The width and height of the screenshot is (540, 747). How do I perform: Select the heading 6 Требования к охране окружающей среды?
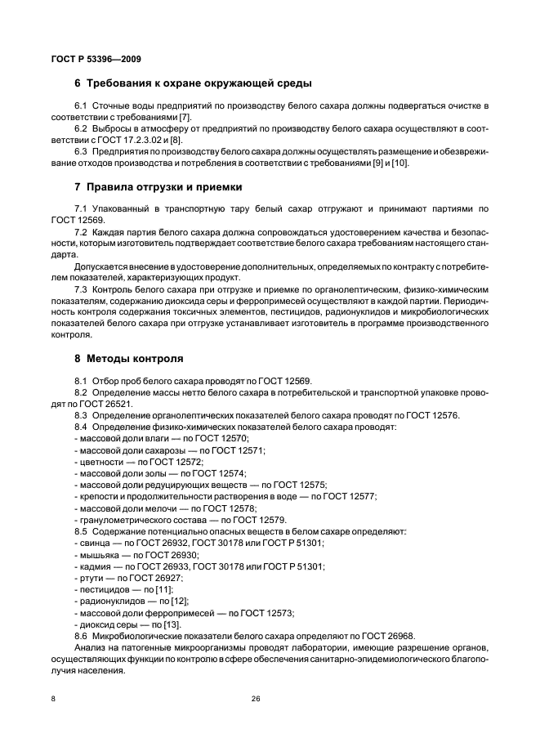coord(194,83)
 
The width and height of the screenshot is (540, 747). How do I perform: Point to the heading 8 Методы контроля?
coord(128,358)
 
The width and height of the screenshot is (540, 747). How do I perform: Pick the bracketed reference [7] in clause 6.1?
coord(185,118)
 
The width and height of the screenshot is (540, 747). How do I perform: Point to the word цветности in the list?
coord(97,462)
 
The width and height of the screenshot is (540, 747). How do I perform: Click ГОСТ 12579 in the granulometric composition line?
coord(259,519)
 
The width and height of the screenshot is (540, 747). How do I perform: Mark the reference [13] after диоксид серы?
coord(172,624)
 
